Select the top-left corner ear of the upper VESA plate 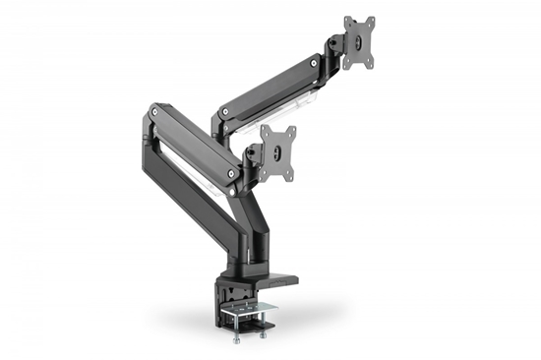click(x=346, y=20)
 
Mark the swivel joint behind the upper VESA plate click(x=337, y=42)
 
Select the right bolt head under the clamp click(x=263, y=334)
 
